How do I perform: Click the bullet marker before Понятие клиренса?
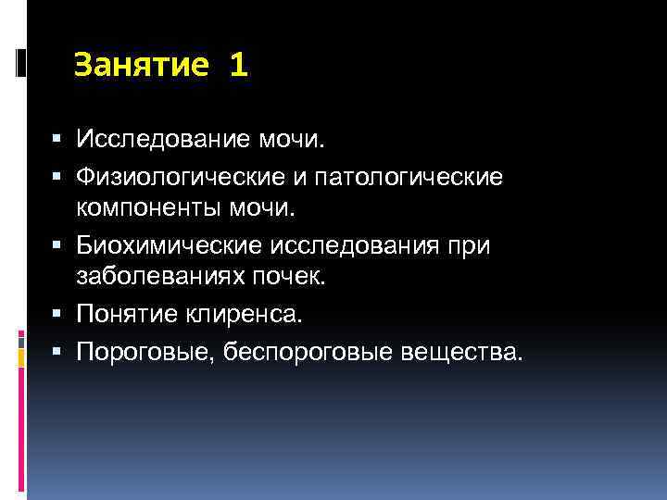click(x=58, y=316)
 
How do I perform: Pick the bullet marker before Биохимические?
click(x=58, y=247)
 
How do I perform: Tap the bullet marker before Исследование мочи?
click(x=58, y=139)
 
